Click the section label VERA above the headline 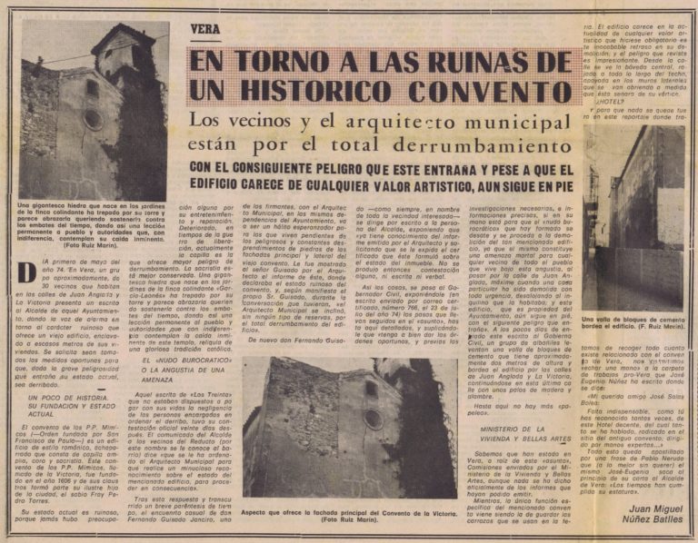tap(206, 28)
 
